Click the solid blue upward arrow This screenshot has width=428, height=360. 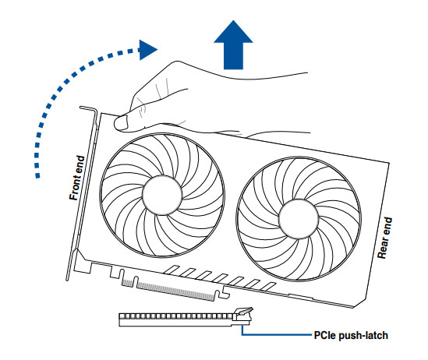[233, 48]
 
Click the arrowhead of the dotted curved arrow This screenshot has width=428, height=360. [147, 50]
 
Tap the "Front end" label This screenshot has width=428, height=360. [76, 178]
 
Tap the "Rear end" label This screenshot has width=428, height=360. [384, 238]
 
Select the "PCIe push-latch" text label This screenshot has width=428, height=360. [351, 335]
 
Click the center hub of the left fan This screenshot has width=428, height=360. [162, 195]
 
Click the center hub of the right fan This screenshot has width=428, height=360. [299, 219]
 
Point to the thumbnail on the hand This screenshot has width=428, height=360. [122, 122]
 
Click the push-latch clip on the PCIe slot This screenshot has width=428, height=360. [243, 314]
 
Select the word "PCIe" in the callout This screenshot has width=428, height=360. [324, 335]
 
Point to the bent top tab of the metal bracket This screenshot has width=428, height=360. [88, 108]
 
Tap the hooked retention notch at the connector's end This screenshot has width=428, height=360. [222, 295]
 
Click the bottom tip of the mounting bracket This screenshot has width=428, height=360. [67, 279]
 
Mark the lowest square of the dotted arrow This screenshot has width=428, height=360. [37, 175]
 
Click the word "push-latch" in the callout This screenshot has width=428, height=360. [363, 335]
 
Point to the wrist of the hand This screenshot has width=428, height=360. [300, 103]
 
